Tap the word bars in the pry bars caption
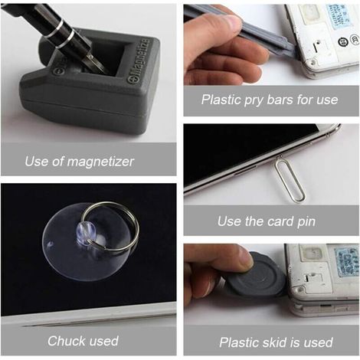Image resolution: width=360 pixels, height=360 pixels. pos(280,100)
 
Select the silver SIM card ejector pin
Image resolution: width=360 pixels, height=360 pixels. pos(290,180)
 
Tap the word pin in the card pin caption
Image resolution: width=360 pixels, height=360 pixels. pos(306,221)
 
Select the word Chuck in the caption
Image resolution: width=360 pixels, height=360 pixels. pos(65,341)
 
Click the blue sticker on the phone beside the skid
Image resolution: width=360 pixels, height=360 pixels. pos(346,262)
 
